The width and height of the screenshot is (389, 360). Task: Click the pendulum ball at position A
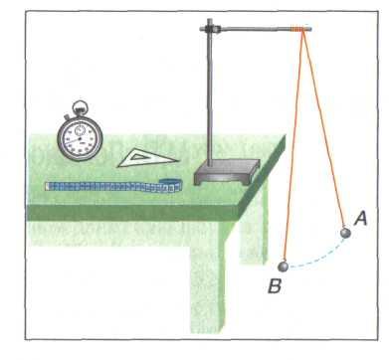tap(345, 233)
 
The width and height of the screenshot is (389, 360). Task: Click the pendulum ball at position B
tap(284, 267)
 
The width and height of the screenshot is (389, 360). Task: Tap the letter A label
tap(360, 219)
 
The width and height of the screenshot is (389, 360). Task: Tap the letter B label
tap(275, 286)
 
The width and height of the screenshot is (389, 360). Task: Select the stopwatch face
tap(80, 139)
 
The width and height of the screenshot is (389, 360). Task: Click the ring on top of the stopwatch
tap(80, 106)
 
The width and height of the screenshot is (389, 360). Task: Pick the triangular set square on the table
tap(147, 159)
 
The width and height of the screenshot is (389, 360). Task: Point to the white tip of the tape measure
tap(47, 186)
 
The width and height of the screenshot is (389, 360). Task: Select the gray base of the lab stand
tap(227, 171)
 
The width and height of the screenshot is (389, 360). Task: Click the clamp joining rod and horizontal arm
tap(209, 29)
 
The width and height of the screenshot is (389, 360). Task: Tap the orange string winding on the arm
tap(297, 29)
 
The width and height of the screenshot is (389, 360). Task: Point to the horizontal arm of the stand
tap(256, 30)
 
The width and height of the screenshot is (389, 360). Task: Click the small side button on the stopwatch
tap(67, 116)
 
